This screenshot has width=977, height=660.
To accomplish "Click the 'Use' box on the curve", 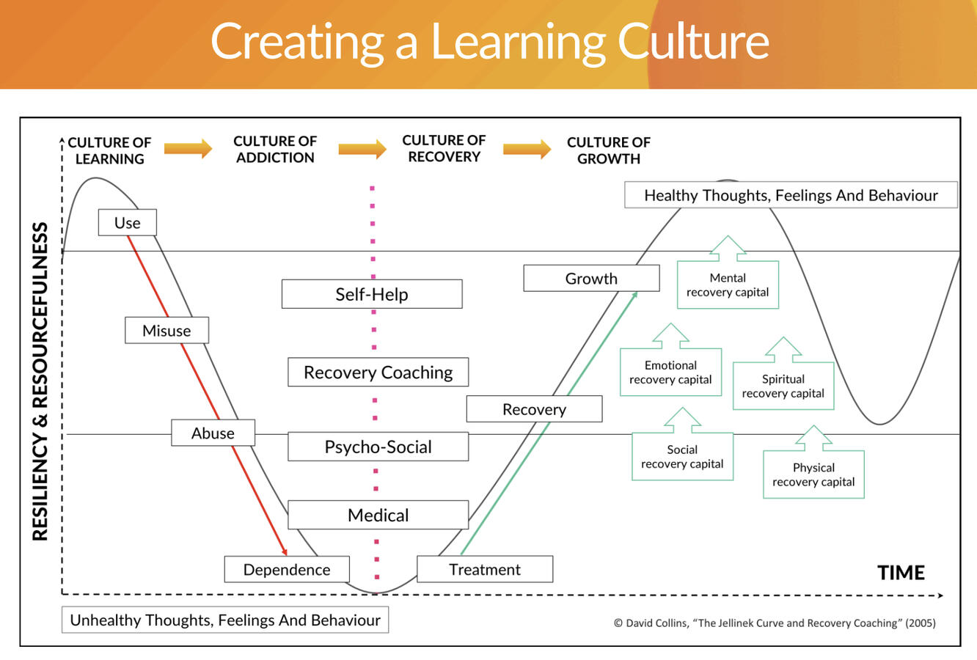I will point(127,223).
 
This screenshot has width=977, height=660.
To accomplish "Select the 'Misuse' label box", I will point(167,331).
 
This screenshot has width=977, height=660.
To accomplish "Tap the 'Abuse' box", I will point(213,433).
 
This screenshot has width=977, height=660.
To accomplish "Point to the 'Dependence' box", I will point(287,570).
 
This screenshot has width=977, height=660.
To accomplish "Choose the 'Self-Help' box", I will point(372,294).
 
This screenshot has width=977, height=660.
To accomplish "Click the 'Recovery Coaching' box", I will point(378,373).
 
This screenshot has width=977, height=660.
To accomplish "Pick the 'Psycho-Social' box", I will point(378,447).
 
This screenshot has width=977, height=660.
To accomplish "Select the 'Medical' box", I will point(378,515).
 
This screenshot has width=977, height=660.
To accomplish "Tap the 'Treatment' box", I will point(485,569).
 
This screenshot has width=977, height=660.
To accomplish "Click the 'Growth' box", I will point(591,279).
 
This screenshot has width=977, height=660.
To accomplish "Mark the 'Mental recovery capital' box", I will point(728,285).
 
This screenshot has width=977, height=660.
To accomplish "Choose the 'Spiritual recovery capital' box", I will point(783,386).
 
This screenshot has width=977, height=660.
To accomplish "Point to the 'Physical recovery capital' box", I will point(813,474).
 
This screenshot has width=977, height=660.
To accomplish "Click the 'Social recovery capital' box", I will point(682,457).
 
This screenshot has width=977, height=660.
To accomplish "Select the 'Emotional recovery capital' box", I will point(670,373).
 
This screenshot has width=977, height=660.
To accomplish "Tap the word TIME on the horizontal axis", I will point(901,573).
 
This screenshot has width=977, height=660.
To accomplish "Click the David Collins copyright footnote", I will point(775,623).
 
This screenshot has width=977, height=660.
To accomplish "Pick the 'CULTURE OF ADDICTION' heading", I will point(275,149).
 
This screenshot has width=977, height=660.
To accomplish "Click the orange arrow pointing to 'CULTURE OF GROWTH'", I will point(527,149).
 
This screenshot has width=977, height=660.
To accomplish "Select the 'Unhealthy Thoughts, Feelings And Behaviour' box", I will point(225,620).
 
